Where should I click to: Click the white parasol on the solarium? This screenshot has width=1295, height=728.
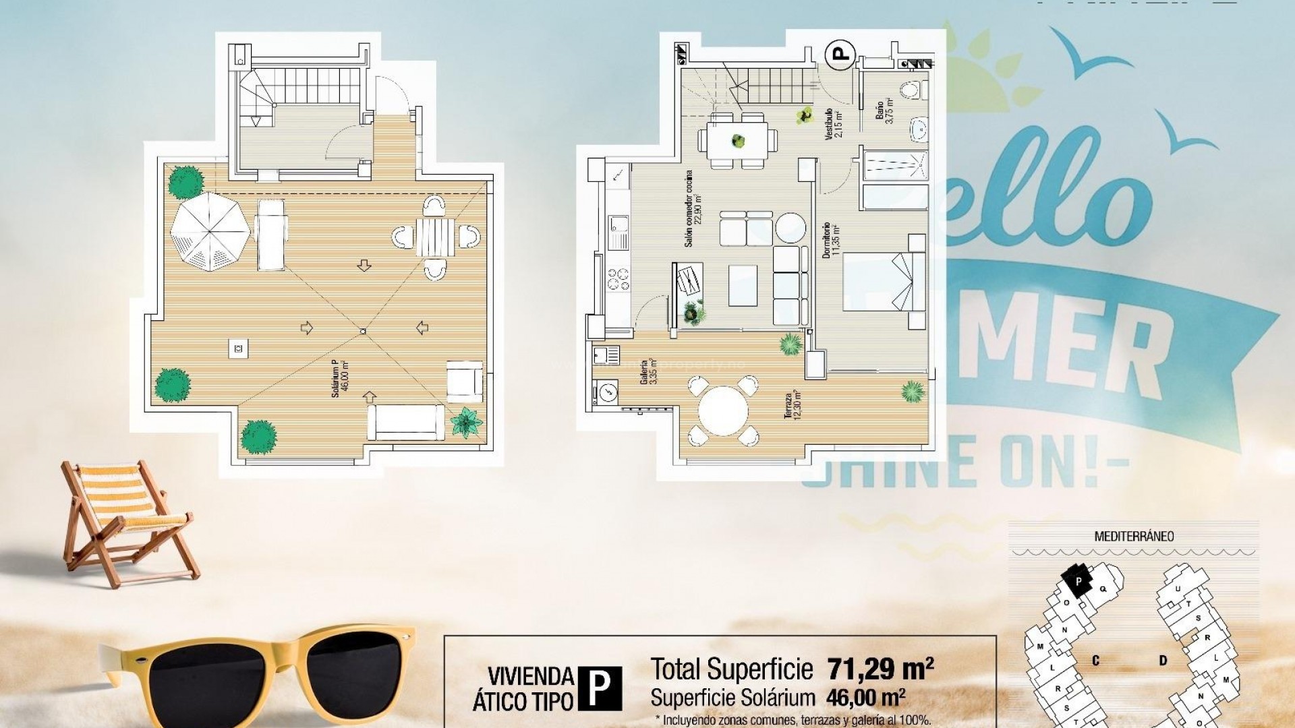(x=210, y=232)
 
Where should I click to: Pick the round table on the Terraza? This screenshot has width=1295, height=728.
(x=723, y=411)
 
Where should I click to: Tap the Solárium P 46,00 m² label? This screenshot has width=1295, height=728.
(x=341, y=378)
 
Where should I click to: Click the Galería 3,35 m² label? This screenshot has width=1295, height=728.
(x=648, y=371)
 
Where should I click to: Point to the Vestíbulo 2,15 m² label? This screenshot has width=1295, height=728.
(x=834, y=124)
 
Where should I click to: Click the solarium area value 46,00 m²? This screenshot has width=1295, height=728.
(x=866, y=697)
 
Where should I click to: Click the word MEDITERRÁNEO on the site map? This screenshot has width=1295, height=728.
(x=1134, y=537)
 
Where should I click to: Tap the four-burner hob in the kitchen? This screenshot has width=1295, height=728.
(x=618, y=278)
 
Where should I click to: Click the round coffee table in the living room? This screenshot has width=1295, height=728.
(x=790, y=227)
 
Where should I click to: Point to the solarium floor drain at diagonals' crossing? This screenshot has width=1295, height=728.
(x=363, y=331)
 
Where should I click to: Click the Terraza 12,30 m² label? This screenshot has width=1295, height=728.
(x=793, y=404)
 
